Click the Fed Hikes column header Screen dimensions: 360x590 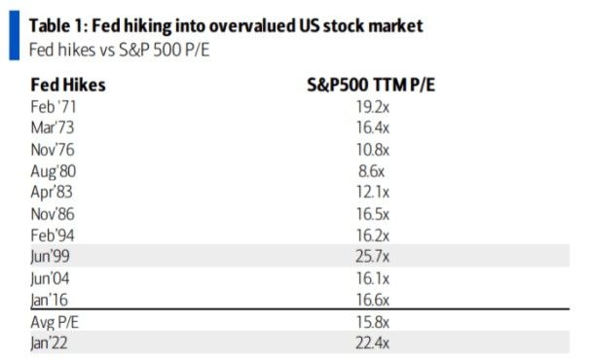(x=68, y=85)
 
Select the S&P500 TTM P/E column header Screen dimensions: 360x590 (x=370, y=85)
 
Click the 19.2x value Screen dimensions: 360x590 (x=370, y=106)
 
